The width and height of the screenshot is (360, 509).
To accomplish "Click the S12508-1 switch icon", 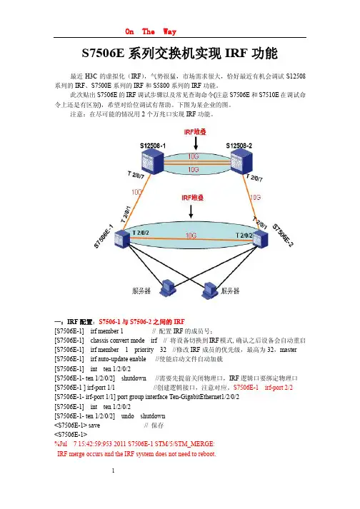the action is [x=152, y=162].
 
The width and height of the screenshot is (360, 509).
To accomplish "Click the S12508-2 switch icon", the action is [x=241, y=162].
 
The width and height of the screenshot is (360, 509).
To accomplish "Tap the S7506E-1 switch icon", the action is [x=122, y=238].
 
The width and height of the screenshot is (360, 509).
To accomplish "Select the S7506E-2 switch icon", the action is [x=261, y=238].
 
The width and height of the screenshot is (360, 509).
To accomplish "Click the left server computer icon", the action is [x=168, y=287].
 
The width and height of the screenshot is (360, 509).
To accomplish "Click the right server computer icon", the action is [x=210, y=290].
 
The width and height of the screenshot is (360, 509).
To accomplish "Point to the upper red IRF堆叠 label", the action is [x=195, y=132].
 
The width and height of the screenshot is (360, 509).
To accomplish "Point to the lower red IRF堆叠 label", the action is [x=192, y=197].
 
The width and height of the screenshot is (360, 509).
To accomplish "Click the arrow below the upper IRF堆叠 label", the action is [x=196, y=143].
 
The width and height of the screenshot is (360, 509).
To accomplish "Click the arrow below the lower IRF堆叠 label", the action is [x=191, y=211].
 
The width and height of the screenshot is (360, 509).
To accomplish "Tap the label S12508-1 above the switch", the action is [x=153, y=146].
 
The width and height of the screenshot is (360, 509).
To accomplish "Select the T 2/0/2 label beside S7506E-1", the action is [x=141, y=233].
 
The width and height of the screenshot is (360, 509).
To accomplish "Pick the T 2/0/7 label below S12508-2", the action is [x=254, y=178].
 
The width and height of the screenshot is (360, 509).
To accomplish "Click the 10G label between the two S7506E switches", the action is [x=191, y=236].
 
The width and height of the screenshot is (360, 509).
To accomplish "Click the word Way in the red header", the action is [x=169, y=31].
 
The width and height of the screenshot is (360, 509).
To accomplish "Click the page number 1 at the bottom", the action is [x=113, y=470].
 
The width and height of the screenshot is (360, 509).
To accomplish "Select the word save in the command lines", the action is [x=94, y=425].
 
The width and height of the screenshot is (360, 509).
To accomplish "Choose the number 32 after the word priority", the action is [x=163, y=350].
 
